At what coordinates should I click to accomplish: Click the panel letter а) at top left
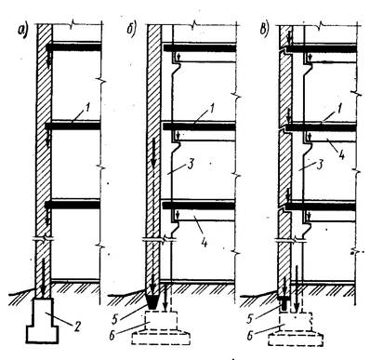click(23, 30)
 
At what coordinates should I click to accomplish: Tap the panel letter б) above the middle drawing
click(131, 30)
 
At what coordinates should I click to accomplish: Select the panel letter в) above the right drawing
click(264, 30)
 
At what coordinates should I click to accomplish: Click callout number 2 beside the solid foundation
click(76, 327)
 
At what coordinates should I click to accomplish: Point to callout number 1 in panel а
click(87, 109)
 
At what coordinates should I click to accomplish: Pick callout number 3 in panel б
click(191, 164)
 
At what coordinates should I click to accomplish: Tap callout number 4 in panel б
click(204, 242)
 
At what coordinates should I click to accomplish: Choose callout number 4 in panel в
click(341, 154)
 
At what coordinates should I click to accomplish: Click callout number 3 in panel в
click(321, 164)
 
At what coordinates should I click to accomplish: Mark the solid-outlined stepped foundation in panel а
click(43, 320)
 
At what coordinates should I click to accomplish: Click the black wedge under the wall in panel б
click(153, 301)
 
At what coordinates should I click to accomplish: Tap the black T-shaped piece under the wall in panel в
click(284, 303)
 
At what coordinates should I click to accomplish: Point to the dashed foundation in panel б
click(161, 328)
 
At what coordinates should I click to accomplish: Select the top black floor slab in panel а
click(73, 47)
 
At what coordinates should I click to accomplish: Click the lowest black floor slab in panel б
click(199, 205)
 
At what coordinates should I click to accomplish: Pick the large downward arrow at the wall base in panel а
click(43, 276)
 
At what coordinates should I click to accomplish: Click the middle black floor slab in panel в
click(321, 127)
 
